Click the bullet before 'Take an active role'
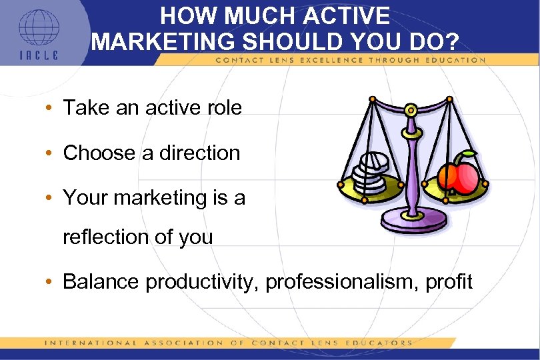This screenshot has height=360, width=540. [51, 108]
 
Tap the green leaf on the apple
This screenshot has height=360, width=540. [468, 155]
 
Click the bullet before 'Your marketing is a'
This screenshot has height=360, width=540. [51, 198]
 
